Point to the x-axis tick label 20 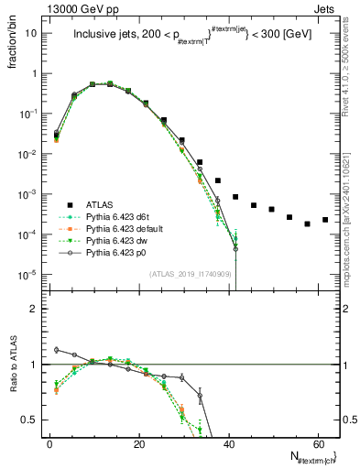138,443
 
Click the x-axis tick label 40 228,443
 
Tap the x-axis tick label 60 317,443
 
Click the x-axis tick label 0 49,443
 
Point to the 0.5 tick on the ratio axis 36,420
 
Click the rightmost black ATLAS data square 325,220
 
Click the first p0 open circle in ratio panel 57,349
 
